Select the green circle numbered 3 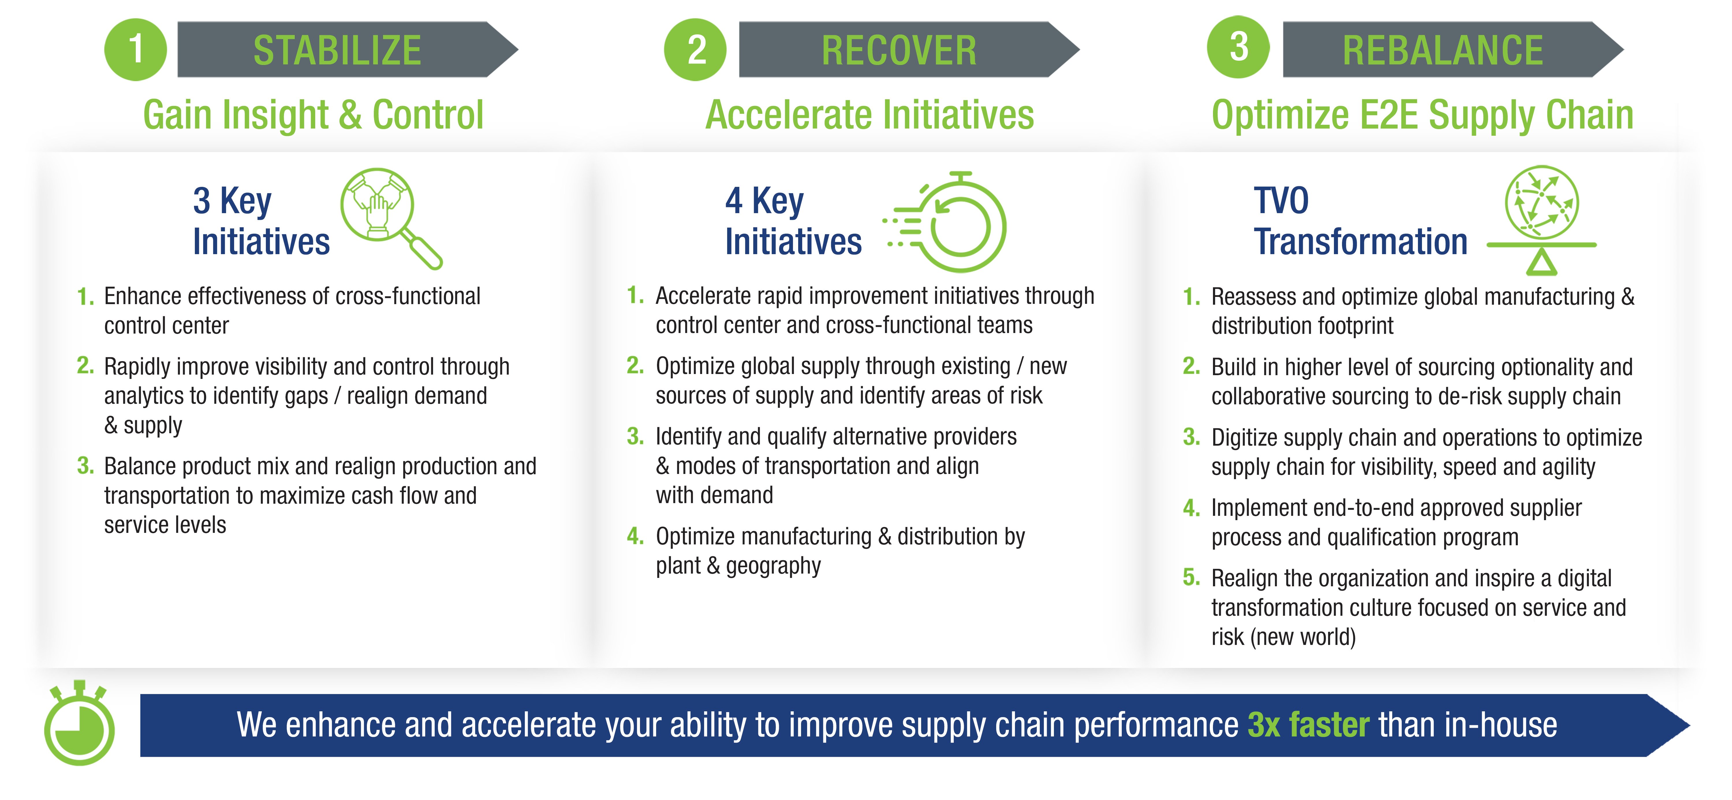coord(1238,47)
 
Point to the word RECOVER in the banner coord(899,51)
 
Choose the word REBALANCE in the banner coord(1443,51)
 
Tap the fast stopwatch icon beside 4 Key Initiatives coord(945,222)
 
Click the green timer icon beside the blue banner coord(79,723)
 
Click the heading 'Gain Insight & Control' coord(313,115)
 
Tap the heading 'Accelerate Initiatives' coord(869,115)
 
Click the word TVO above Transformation coord(1281,200)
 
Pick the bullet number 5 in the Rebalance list coord(1191,577)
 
